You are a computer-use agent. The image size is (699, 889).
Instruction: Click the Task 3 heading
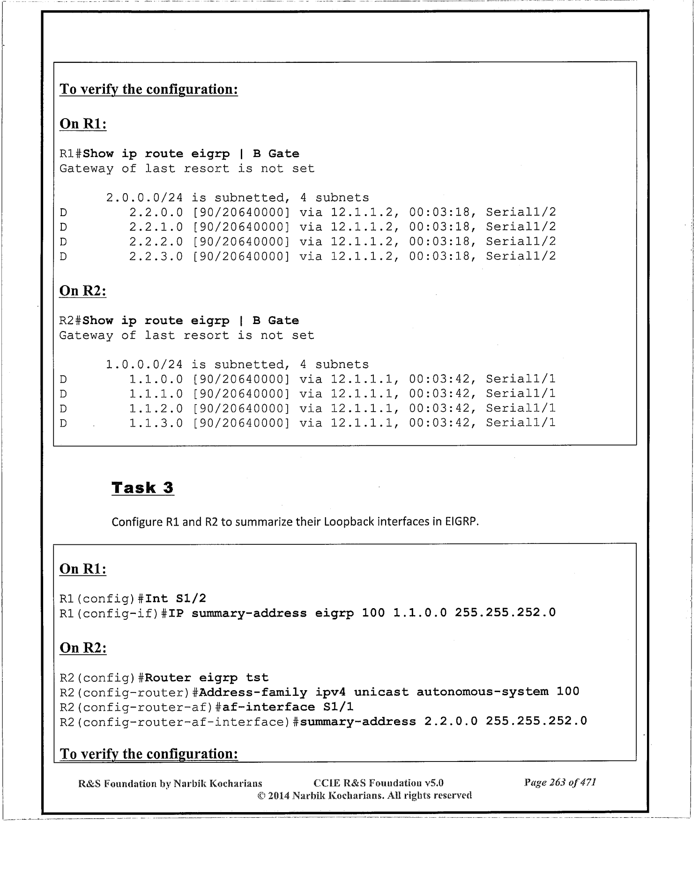pyautogui.click(x=142, y=488)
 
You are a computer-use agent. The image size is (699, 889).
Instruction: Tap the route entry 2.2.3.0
pyautogui.click(x=156, y=256)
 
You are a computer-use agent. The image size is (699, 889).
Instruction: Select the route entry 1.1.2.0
pyautogui.click(x=156, y=408)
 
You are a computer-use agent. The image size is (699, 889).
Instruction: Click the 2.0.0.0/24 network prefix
pyautogui.click(x=144, y=198)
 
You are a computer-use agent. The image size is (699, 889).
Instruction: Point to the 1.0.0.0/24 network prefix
pyautogui.click(x=144, y=365)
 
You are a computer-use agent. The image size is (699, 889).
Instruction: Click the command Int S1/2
pyautogui.click(x=176, y=599)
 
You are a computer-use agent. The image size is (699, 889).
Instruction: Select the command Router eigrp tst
pyautogui.click(x=207, y=678)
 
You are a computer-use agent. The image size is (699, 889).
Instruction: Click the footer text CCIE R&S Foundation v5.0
pyautogui.click(x=378, y=783)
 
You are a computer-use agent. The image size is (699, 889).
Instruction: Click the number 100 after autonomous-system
pyautogui.click(x=568, y=692)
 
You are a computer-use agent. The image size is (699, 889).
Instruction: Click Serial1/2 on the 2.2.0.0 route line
pyautogui.click(x=521, y=212)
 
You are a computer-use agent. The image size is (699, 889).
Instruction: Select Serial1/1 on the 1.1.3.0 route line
pyautogui.click(x=521, y=423)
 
